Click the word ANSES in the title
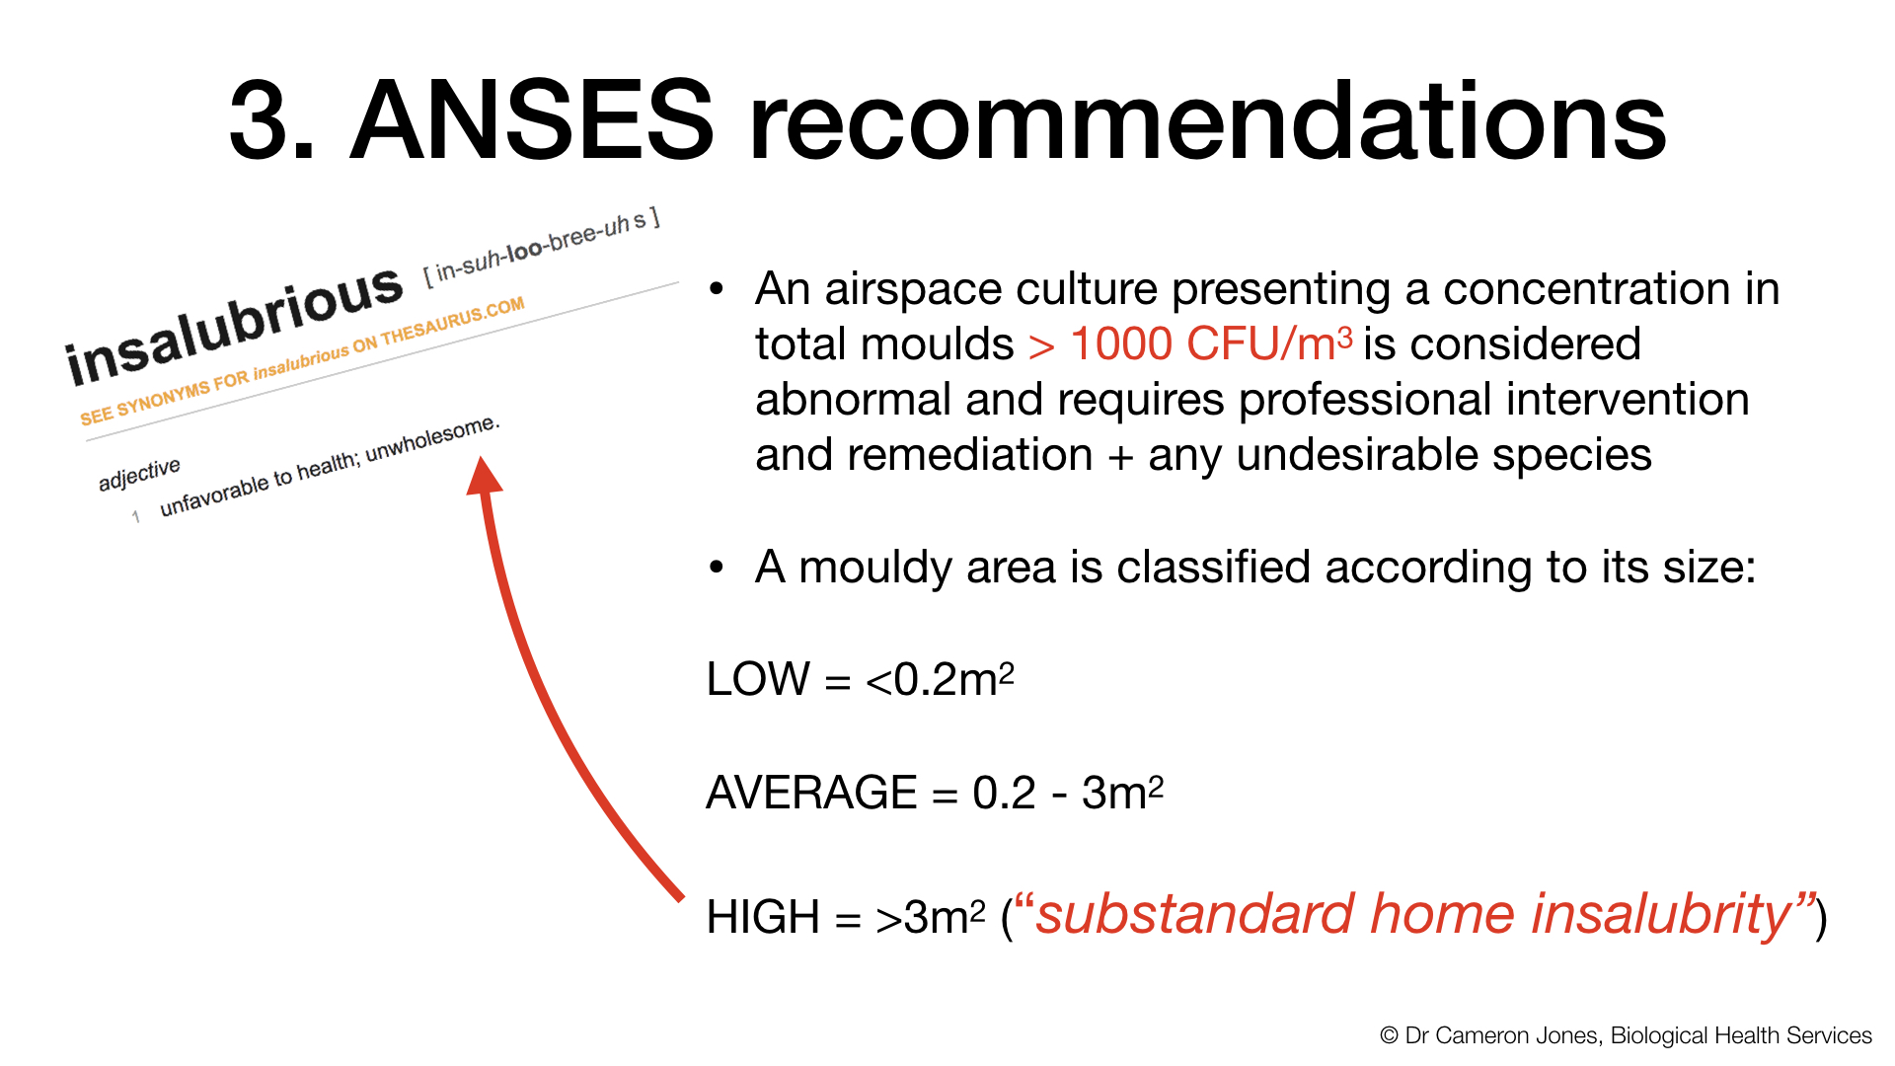532,120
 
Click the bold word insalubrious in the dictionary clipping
234,327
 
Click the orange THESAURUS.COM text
453,322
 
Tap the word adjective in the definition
139,473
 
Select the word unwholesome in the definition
432,438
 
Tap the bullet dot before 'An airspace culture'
717,289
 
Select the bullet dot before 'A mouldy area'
717,568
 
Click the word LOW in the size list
758,679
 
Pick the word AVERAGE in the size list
811,793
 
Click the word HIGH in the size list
763,917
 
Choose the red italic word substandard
1195,914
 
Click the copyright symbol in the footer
1389,1035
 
